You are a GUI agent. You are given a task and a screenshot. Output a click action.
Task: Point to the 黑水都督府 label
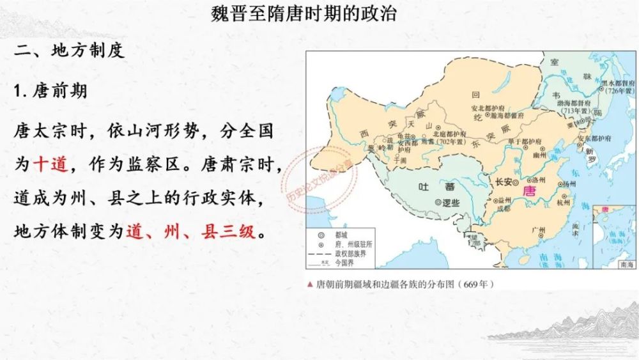(x=617, y=84)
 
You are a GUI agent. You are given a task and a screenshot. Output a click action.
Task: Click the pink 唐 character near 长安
(x=529, y=191)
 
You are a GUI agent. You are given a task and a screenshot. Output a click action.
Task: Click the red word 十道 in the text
(x=49, y=165)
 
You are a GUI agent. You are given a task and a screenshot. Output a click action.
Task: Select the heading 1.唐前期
(x=50, y=91)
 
